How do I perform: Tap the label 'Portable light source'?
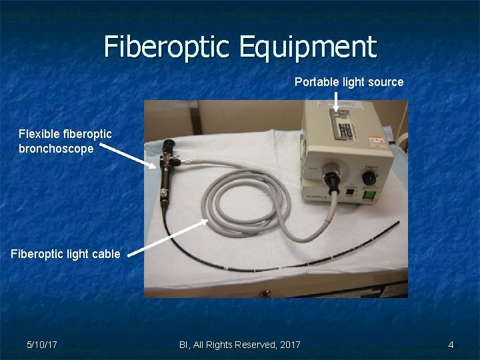pyautogui.click(x=349, y=82)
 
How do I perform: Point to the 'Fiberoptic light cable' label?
pyautogui.click(x=65, y=253)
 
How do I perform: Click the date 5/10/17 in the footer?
pyautogui.click(x=41, y=345)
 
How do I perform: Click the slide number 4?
pyautogui.click(x=451, y=345)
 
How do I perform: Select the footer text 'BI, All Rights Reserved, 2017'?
pyautogui.click(x=239, y=345)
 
